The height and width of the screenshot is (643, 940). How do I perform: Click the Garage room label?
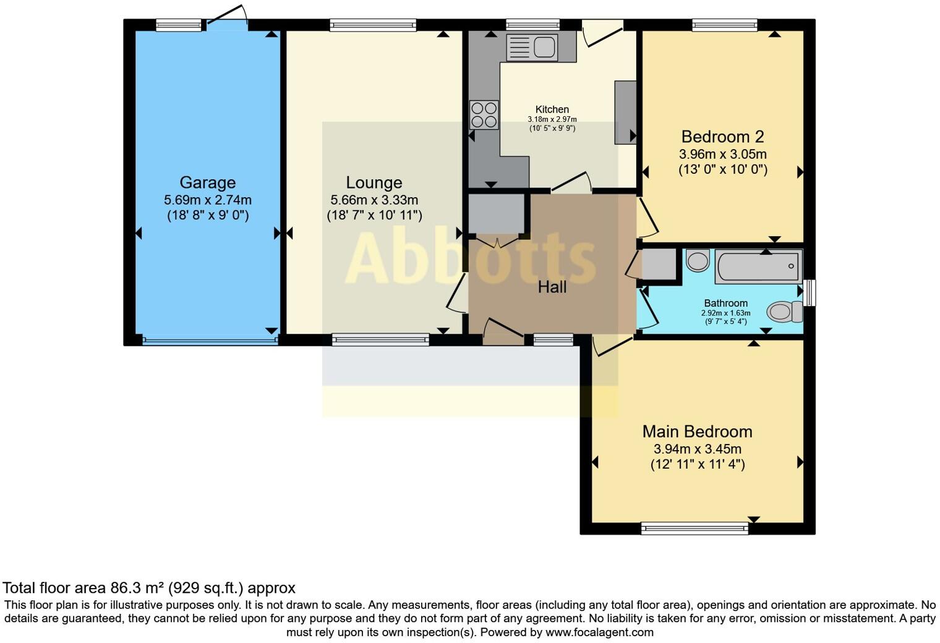207,182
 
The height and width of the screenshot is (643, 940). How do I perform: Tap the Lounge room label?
374,182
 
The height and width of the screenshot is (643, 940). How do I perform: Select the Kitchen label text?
552,109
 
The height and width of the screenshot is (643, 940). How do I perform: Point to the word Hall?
552,287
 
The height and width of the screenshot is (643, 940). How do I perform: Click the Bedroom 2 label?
722,137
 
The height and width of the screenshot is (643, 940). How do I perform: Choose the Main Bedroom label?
697,432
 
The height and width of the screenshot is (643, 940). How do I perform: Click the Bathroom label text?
725,303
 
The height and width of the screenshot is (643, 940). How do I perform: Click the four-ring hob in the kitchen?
484,114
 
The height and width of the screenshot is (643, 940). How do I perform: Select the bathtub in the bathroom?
758,266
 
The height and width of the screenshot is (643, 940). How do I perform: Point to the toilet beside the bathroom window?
784,312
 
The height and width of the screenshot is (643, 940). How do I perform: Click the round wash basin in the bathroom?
698,260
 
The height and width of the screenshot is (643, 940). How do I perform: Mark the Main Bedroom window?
694,528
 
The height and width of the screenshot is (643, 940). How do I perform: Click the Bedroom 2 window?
724,25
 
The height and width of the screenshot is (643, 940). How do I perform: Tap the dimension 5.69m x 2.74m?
207,200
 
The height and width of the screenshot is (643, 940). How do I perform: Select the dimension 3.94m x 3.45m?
697,449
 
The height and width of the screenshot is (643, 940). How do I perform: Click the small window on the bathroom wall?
810,293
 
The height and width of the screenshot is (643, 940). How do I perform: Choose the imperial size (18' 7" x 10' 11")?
374,216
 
